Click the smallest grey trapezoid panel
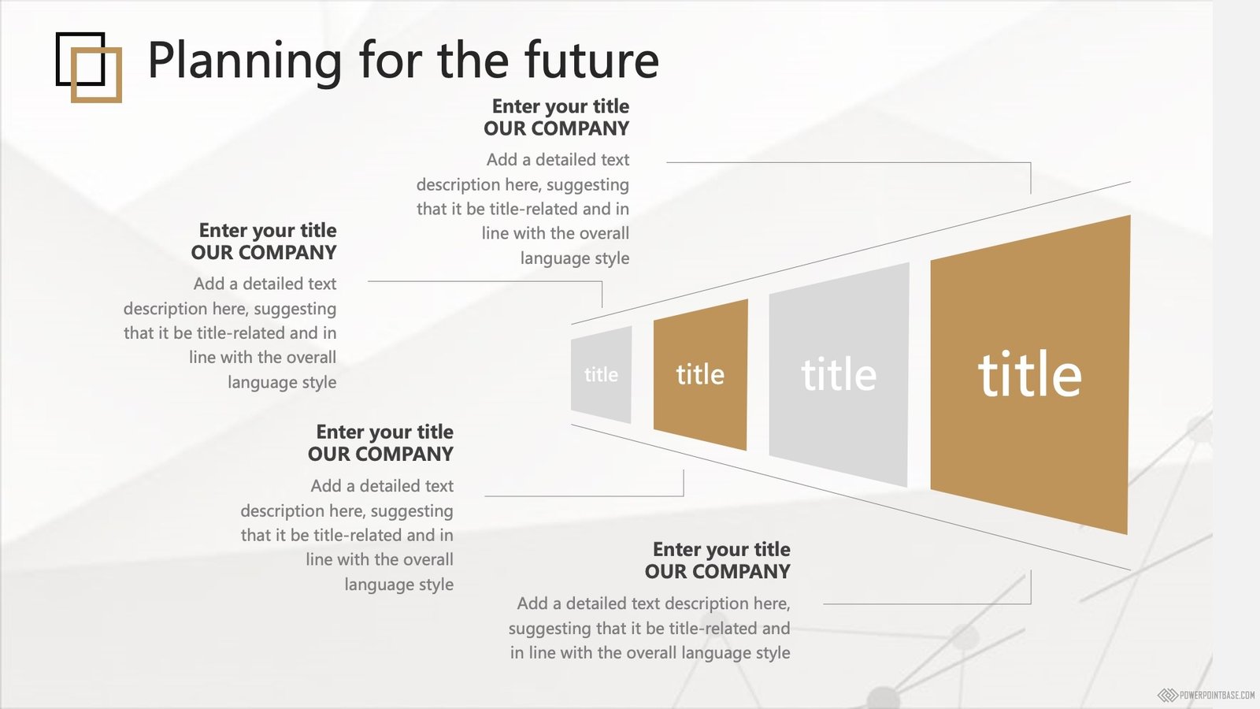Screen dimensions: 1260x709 pos(602,374)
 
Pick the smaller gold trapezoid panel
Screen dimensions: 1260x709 pos(700,375)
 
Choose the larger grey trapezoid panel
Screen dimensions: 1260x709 pos(839,375)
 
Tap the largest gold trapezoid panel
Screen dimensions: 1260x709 pos(1030,375)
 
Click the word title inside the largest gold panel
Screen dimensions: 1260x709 pos(1030,373)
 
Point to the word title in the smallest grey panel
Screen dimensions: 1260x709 pos(601,374)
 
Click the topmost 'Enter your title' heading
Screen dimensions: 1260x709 pos(560,106)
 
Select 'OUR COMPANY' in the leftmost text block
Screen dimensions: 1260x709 pos(263,253)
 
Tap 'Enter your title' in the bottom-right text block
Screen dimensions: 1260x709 pos(721,549)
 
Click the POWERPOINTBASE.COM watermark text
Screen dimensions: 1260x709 pos(1217,696)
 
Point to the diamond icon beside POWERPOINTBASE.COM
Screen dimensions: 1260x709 pos(1168,696)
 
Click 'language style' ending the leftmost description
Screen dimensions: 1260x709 pos(282,383)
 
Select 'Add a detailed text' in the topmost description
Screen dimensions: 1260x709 pos(558,160)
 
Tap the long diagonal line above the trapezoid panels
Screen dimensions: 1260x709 pos(850,253)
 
